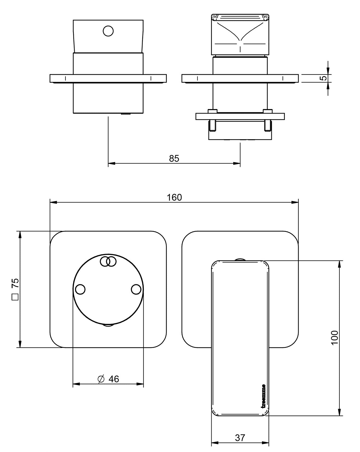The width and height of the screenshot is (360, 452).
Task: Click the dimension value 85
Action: point(174,158)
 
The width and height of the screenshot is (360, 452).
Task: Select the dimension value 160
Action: point(175,197)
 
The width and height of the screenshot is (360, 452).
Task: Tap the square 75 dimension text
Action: point(15,283)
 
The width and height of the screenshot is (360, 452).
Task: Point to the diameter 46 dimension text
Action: point(114,379)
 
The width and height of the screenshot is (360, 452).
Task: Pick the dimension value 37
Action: point(240,438)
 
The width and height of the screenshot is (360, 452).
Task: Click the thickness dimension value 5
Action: point(324,78)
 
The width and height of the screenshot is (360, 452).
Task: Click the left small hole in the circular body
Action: point(80,289)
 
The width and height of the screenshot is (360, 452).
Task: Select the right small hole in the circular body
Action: point(136,289)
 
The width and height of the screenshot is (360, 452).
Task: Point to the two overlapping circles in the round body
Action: point(108,261)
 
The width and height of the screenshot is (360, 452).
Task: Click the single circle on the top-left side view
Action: point(108,31)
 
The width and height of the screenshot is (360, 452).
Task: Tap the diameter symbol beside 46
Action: point(101,379)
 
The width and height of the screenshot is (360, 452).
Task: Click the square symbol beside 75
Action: point(15,297)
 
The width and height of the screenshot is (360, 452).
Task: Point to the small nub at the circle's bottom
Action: point(108,325)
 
